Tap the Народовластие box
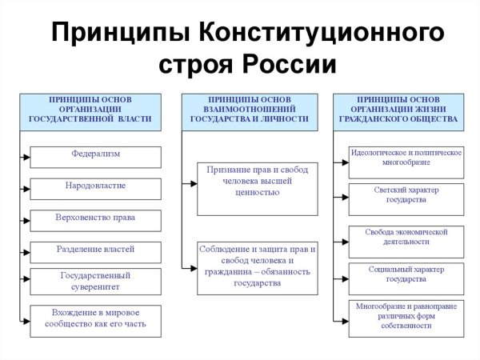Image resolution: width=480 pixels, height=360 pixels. (95, 188)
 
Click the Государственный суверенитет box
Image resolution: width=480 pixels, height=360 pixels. (95, 281)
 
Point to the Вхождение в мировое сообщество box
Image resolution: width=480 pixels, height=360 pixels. (95, 320)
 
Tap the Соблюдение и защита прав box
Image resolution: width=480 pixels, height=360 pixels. (257, 267)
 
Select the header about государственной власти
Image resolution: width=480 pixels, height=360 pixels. (90, 112)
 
